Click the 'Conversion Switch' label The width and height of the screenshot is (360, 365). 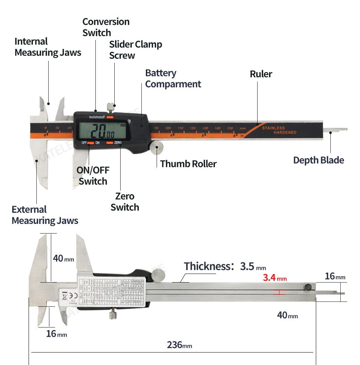[106, 27]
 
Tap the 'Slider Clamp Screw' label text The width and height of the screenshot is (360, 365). [135, 50]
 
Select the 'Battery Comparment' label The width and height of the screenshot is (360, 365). [173, 79]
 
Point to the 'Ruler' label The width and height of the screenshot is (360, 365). [261, 74]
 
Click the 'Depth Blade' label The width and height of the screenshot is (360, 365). [318, 160]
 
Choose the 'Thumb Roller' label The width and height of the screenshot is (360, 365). [188, 164]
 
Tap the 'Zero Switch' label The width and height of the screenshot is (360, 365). [125, 202]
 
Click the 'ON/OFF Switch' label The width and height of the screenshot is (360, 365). [93, 176]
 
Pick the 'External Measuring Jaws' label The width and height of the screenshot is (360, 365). [45, 215]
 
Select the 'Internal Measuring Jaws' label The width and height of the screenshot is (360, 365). [48, 47]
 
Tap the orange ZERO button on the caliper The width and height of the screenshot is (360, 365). [110, 143]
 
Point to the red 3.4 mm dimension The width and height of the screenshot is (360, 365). [275, 278]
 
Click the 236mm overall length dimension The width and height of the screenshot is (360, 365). [179, 345]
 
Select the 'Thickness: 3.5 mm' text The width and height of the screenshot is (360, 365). [225, 266]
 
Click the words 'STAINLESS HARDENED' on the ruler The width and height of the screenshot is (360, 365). [279, 130]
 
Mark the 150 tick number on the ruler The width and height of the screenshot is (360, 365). [230, 128]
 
